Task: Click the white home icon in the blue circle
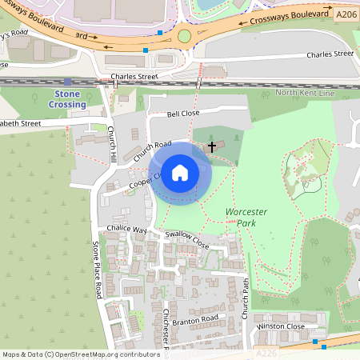pos(180,172)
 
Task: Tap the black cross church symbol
pos(212,146)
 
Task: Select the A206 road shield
pos(346,14)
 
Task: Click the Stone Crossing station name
pos(67,99)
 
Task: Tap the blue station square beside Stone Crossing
pos(67,82)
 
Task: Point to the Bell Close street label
pos(182,114)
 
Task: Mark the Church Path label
pos(247,297)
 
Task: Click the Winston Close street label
pos(281,326)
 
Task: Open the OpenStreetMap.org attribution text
pos(80,354)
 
